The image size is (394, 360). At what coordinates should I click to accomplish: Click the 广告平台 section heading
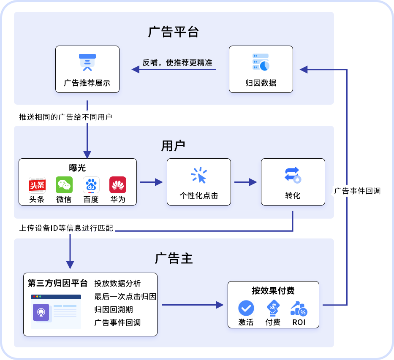174,32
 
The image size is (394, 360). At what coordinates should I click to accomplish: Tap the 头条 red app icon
37,185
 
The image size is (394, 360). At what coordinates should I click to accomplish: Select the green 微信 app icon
64,185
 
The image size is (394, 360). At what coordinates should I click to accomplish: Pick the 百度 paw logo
91,185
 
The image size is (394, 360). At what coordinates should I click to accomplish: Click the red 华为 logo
118,185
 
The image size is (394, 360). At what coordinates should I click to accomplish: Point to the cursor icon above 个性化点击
199,175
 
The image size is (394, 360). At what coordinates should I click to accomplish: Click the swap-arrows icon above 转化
293,175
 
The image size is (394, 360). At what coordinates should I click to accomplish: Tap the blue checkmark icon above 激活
246,308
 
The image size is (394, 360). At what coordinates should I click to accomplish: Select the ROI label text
299,322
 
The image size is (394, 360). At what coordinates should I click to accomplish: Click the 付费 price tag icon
273,308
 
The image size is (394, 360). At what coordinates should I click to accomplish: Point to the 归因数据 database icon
261,62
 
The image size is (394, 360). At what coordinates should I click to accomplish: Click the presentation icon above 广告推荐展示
87,62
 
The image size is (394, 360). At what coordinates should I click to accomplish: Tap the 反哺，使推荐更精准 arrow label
177,62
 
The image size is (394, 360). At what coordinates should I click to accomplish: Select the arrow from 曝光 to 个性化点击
152,182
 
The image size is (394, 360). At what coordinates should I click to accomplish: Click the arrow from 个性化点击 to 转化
245,182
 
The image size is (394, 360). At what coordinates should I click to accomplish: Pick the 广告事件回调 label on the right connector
357,191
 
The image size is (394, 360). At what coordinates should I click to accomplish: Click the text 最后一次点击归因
125,297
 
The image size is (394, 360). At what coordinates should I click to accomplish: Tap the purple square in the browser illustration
41,312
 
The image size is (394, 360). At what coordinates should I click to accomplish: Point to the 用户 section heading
173,146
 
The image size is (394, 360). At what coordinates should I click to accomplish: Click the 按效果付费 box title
273,290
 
